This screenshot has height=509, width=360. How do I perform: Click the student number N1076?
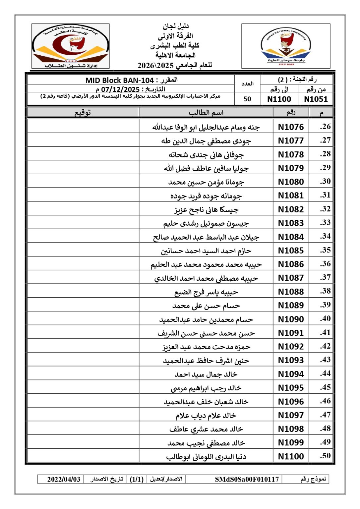(x=291, y=127)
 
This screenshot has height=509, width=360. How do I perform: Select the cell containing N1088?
(x=291, y=292)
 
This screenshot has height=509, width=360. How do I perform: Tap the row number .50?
(x=325, y=456)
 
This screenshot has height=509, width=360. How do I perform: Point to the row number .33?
(x=325, y=222)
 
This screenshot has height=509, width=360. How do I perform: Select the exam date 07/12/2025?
(x=120, y=89)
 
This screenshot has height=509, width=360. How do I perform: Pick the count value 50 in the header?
(x=247, y=99)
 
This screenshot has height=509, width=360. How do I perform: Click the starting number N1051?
(x=316, y=99)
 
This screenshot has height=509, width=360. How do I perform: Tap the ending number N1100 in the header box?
(x=279, y=99)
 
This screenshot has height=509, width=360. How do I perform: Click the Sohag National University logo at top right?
(x=286, y=46)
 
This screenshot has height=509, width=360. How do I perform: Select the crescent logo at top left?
(x=71, y=46)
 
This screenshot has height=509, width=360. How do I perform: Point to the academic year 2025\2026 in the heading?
(x=155, y=65)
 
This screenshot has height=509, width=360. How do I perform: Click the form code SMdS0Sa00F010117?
(x=247, y=479)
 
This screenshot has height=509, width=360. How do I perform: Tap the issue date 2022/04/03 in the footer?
(x=64, y=479)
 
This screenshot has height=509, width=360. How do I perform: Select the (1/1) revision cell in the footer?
(x=137, y=479)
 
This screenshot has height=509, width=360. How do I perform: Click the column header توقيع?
(x=83, y=113)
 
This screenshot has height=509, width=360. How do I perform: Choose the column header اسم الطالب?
(x=206, y=113)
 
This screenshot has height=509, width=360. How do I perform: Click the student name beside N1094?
(x=206, y=374)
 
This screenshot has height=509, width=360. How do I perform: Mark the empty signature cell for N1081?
(x=83, y=196)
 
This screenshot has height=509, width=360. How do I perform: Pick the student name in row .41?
(x=206, y=333)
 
